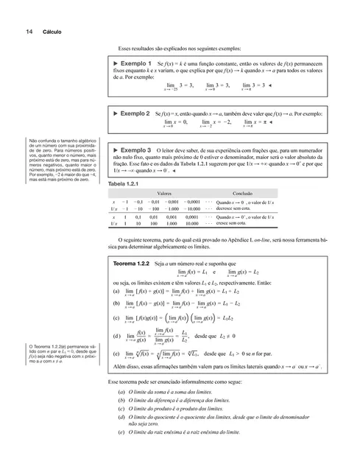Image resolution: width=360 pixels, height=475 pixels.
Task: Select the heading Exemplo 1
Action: (x=133, y=64)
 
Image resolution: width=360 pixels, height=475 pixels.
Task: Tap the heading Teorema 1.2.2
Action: (x=132, y=262)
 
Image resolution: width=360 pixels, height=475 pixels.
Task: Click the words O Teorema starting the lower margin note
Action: (x=37, y=346)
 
